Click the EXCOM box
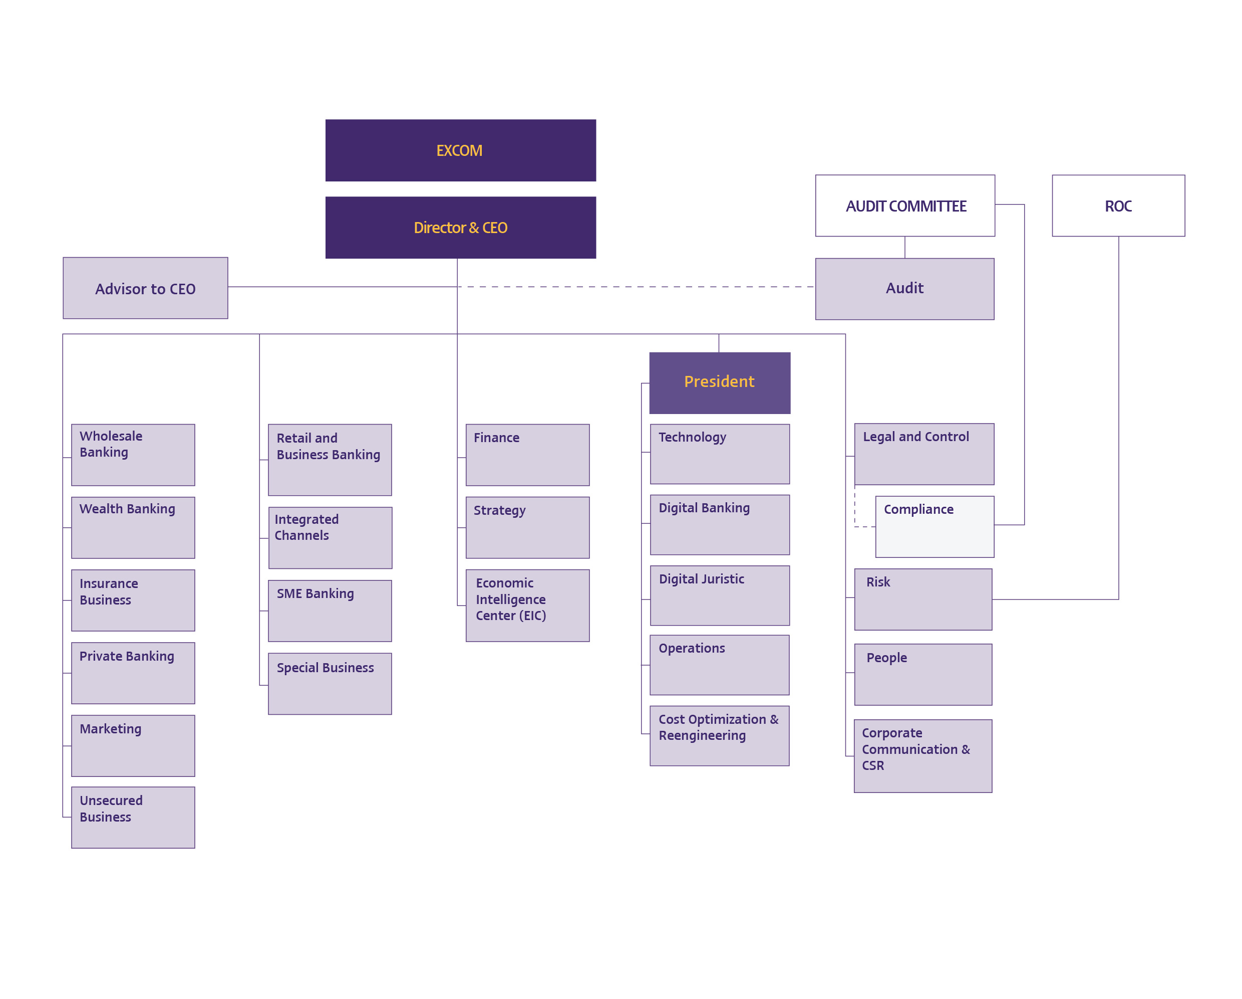click(x=460, y=150)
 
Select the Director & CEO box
click(x=460, y=228)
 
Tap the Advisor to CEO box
click(x=145, y=288)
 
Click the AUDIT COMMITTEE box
click(x=905, y=206)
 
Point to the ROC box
click(x=1118, y=206)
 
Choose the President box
click(x=720, y=383)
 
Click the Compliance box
click(x=935, y=527)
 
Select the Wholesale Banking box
click(x=133, y=455)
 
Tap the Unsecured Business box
click(x=133, y=818)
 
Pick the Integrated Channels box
click(x=330, y=538)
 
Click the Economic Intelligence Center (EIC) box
click(x=528, y=606)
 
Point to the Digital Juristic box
click(x=720, y=595)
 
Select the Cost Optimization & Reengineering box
click(x=720, y=735)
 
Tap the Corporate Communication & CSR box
click(x=923, y=756)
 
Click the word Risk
click(x=878, y=582)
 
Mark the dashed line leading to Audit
click(x=636, y=287)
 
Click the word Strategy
click(x=499, y=511)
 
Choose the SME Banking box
click(x=330, y=611)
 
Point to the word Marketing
click(x=110, y=729)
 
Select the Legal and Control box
click(x=924, y=454)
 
